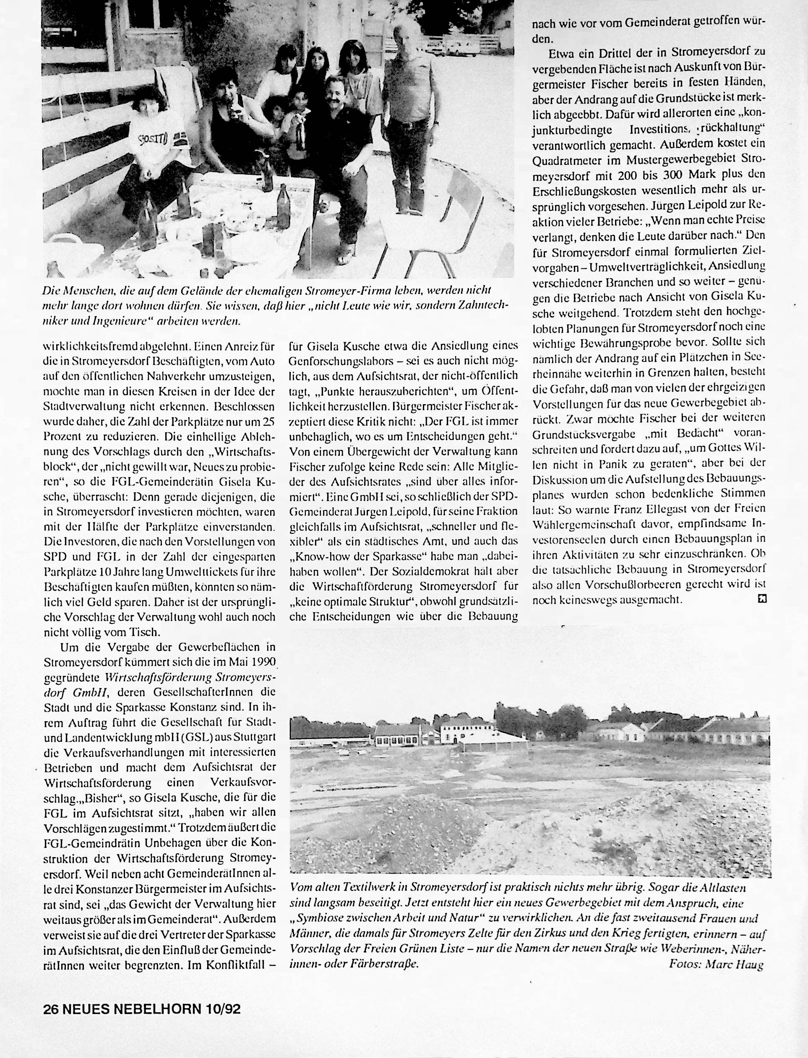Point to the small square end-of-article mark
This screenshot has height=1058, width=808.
[761, 598]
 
